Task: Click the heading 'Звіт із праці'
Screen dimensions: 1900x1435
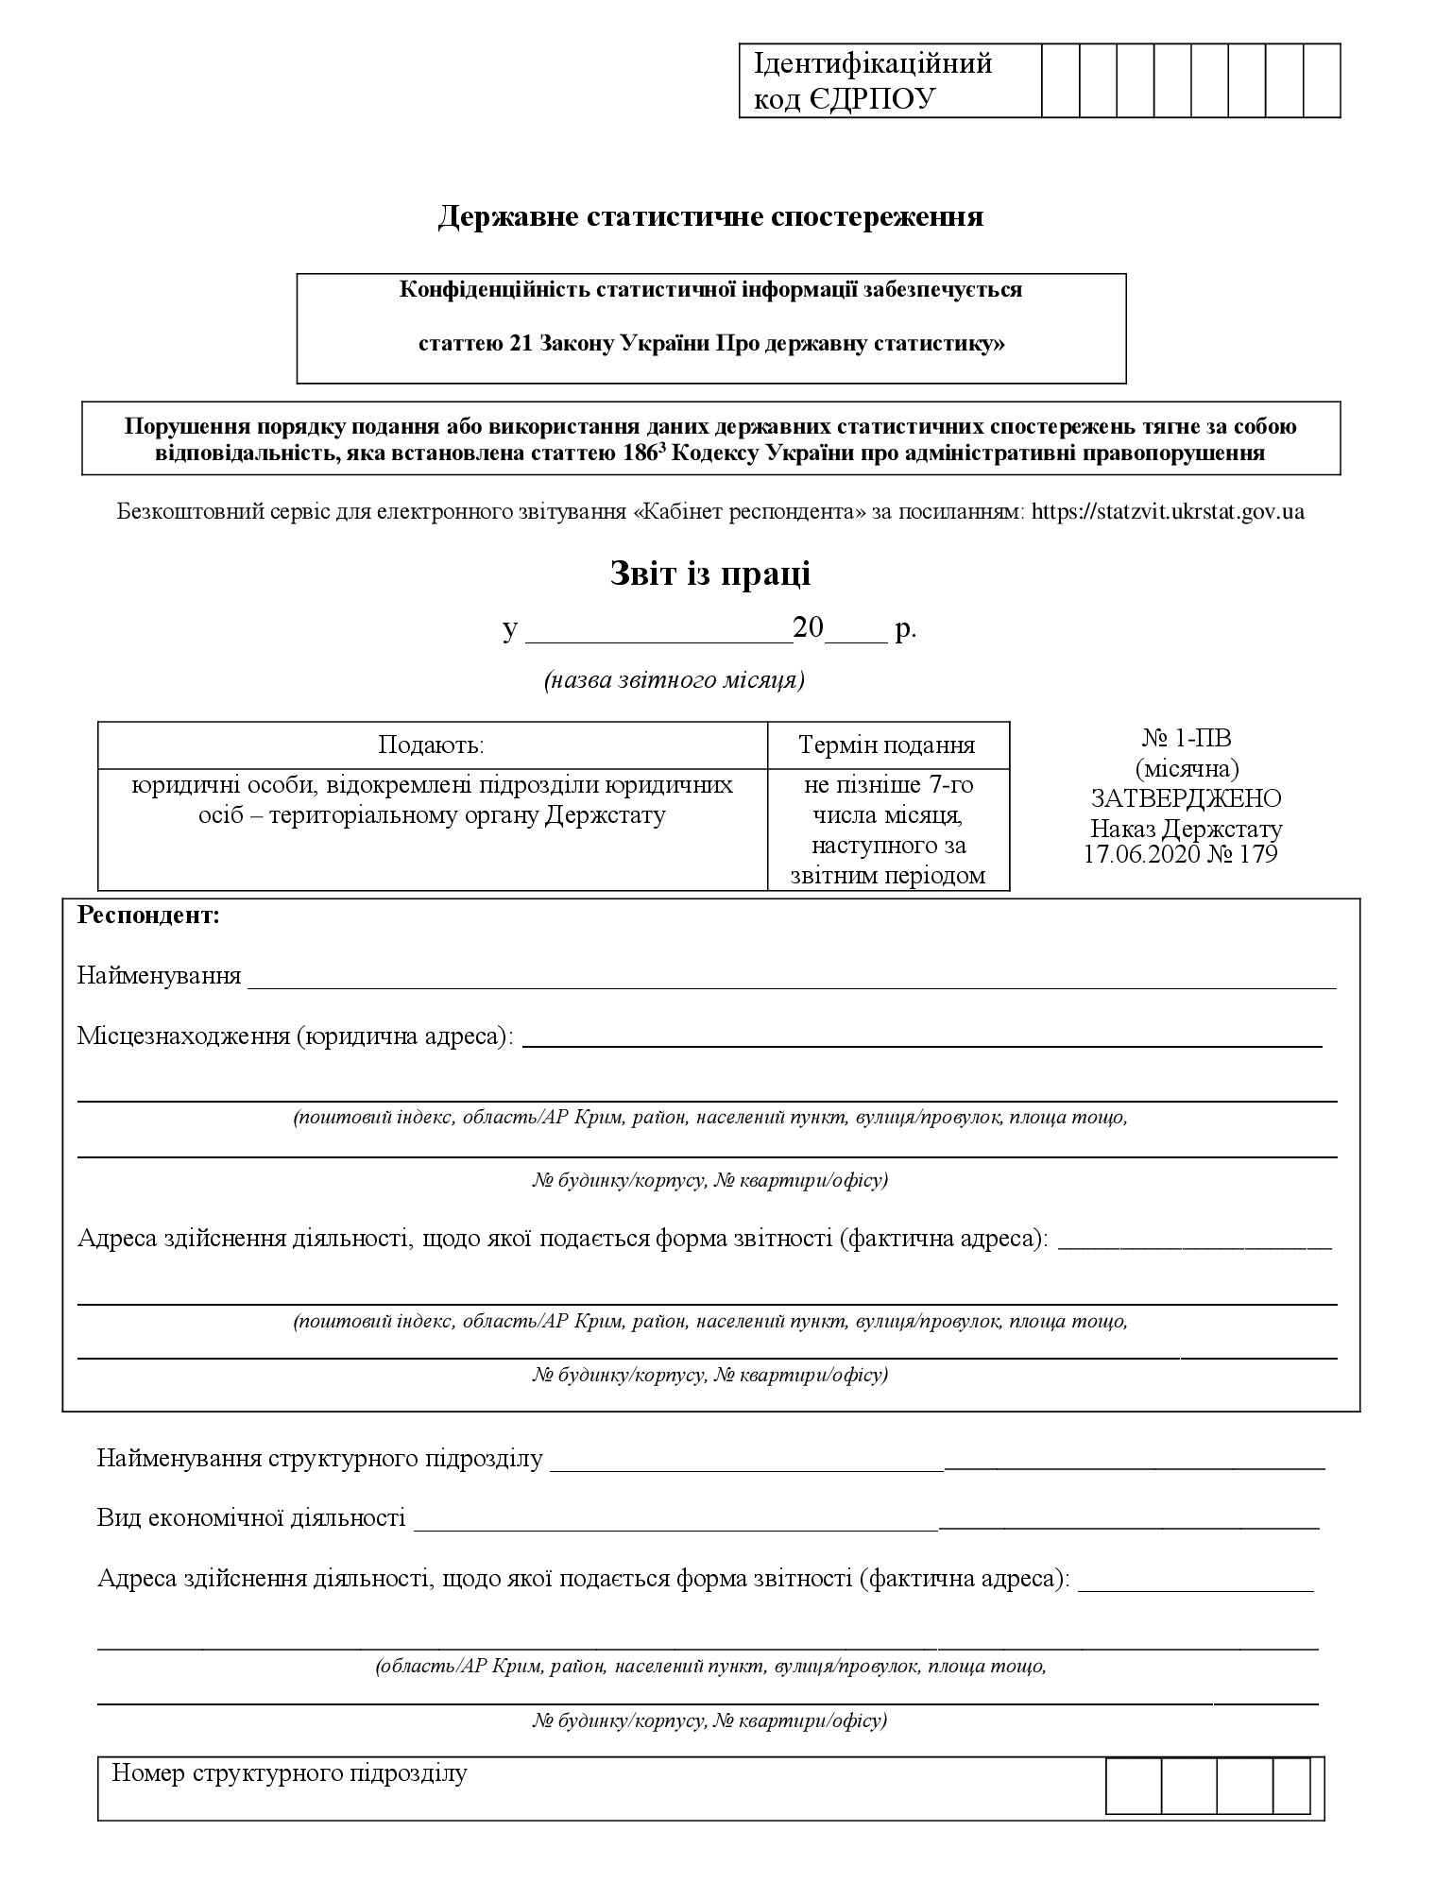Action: (x=709, y=573)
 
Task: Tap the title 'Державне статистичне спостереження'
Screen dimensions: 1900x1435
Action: (x=710, y=216)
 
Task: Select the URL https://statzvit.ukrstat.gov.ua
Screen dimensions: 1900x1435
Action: (x=1168, y=511)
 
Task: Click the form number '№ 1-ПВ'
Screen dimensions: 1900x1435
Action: (x=1186, y=738)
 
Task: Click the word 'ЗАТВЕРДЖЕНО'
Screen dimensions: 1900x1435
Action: (x=1186, y=798)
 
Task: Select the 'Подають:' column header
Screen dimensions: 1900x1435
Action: (x=431, y=745)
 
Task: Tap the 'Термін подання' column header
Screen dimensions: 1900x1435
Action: (x=887, y=745)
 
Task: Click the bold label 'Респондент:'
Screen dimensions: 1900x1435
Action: (x=148, y=916)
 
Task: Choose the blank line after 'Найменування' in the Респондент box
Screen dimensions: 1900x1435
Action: (x=792, y=978)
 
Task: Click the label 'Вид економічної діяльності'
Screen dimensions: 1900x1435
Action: (x=251, y=1517)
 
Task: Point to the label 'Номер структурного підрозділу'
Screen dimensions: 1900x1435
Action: (x=289, y=1773)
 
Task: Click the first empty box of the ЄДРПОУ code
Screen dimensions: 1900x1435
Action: (x=1060, y=80)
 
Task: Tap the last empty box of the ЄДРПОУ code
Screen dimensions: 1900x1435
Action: (x=1321, y=80)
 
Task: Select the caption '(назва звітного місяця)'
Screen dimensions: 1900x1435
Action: (x=674, y=680)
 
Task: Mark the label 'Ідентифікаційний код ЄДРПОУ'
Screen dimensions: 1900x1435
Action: (x=872, y=80)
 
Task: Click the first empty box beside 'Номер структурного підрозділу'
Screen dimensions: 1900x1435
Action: (x=1134, y=1786)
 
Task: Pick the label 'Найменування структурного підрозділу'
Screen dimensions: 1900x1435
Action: (x=320, y=1458)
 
